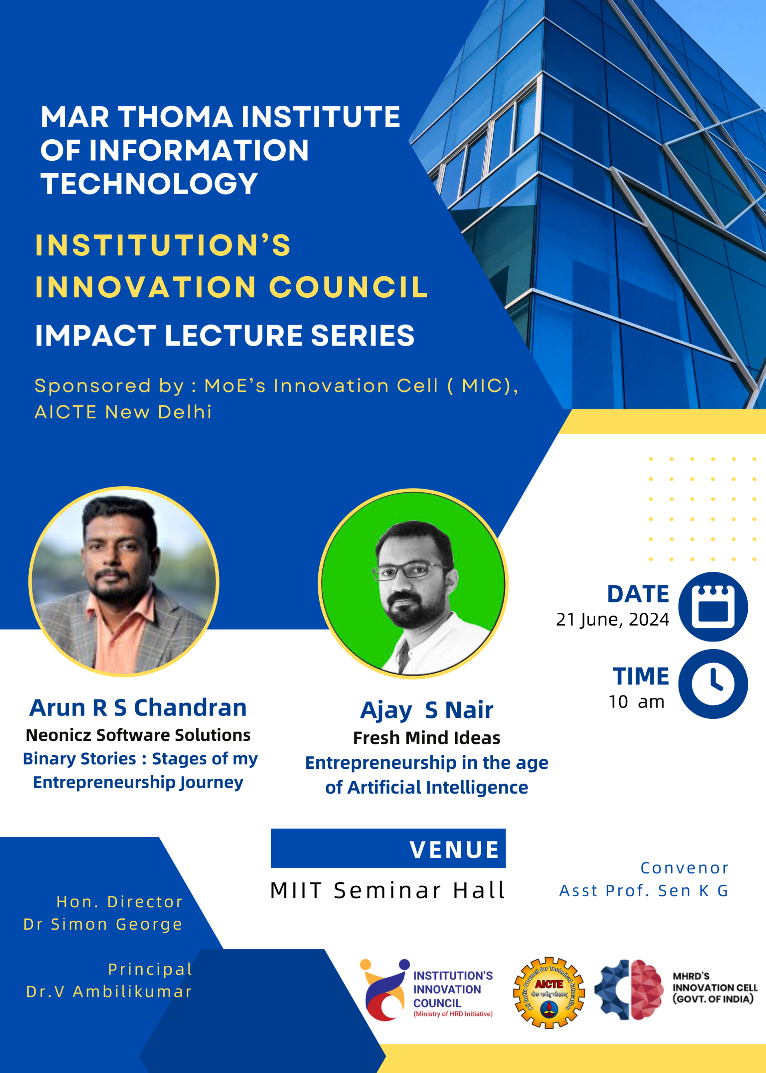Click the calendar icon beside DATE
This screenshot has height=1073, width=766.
click(713, 606)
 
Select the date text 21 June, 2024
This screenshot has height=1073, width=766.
click(612, 620)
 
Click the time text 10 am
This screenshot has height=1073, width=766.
click(636, 702)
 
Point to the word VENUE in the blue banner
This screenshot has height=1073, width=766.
click(454, 850)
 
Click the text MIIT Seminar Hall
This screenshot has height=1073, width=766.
click(388, 890)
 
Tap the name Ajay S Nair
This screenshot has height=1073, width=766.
click(426, 710)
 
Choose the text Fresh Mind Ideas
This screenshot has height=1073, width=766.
click(426, 738)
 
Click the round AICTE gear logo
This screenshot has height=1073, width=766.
click(549, 993)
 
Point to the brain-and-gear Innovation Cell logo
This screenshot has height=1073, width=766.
click(629, 989)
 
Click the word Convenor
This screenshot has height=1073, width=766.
click(684, 868)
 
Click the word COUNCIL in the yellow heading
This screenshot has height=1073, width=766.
click(348, 287)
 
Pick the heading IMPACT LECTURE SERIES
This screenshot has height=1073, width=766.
click(224, 335)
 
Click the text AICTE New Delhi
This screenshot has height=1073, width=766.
click(123, 412)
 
